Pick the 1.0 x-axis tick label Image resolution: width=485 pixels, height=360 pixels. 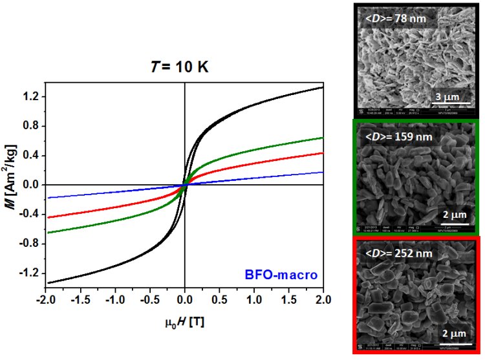(x=254, y=301)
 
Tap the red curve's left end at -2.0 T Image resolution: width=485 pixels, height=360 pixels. (x=47, y=217)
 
